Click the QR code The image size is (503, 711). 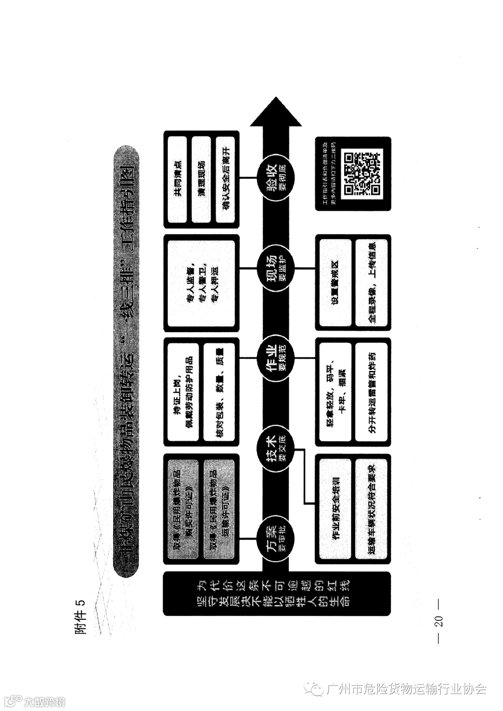[x=363, y=173]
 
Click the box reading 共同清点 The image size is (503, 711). [x=177, y=179]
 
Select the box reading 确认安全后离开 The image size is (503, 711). [x=226, y=179]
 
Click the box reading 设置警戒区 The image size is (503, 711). [x=335, y=282]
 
